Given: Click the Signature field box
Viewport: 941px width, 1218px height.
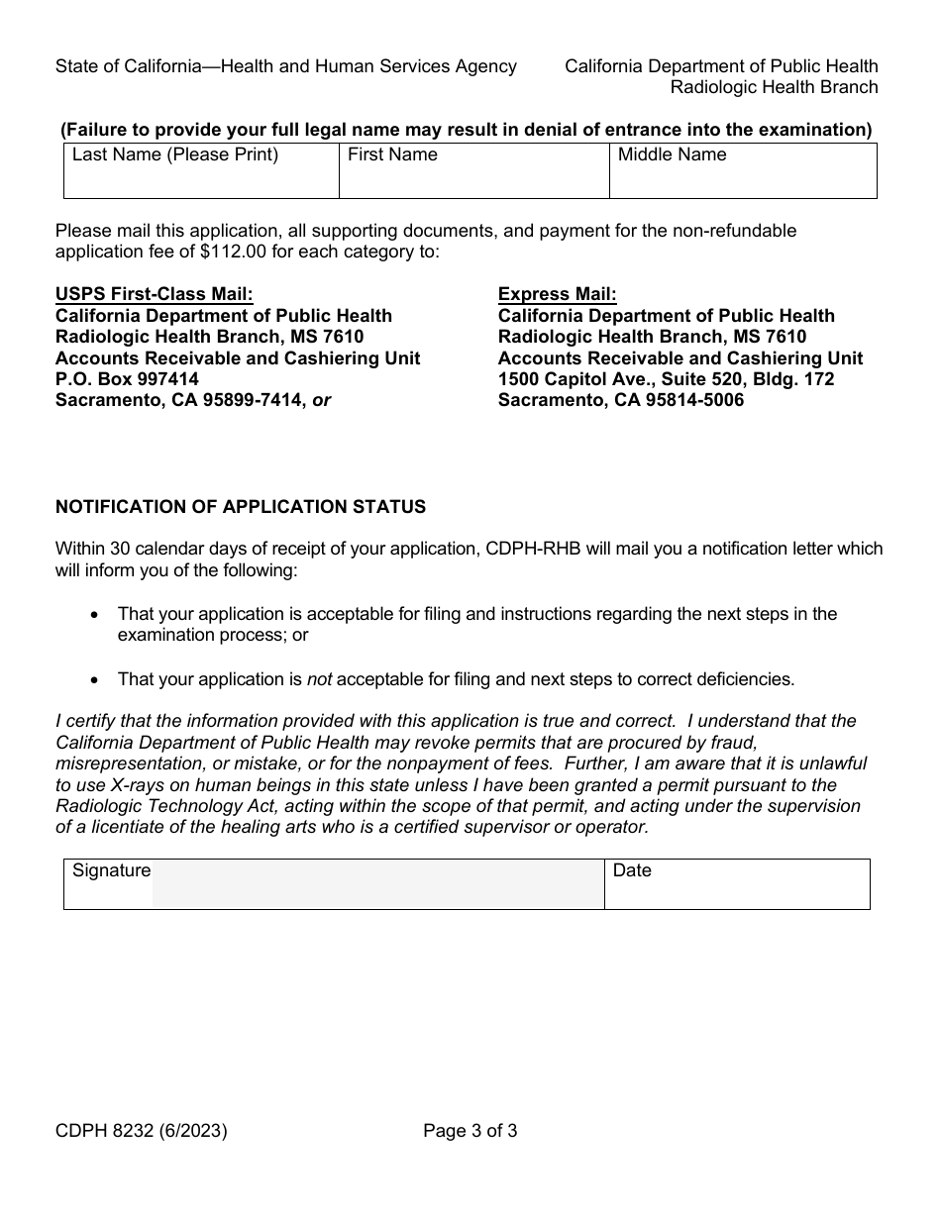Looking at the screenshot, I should tap(376, 884).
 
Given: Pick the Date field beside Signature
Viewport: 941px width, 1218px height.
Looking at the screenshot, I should tap(737, 884).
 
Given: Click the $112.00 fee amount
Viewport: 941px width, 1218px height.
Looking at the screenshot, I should tap(233, 252).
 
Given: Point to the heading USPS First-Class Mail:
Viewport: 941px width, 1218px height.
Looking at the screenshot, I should tap(154, 294).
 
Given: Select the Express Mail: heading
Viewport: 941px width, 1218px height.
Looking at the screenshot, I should tap(557, 294).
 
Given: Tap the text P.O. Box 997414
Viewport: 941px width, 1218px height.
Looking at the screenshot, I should tap(127, 379).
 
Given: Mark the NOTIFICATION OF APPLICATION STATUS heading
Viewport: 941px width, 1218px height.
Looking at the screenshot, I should tap(241, 507).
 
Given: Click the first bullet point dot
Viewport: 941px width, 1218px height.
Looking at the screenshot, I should tap(94, 615).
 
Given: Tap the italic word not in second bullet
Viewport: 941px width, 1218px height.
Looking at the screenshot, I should tap(319, 679).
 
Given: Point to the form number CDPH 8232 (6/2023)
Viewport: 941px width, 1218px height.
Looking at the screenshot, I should tap(141, 1130).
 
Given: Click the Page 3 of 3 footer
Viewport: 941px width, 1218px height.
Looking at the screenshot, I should tap(470, 1130).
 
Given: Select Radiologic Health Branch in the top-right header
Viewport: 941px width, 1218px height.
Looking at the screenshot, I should tap(774, 87).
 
